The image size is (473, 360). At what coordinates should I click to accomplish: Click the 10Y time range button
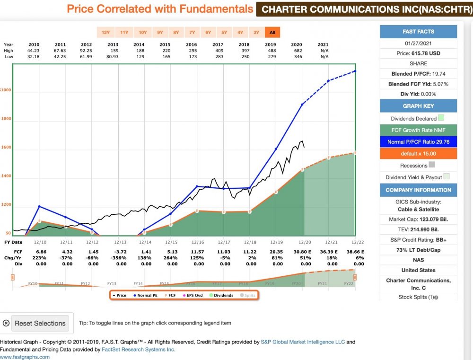(142, 33)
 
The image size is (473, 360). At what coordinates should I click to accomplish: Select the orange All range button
(272, 33)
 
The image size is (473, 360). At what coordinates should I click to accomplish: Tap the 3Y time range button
(256, 33)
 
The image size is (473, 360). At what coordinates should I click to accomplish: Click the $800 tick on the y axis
(6, 119)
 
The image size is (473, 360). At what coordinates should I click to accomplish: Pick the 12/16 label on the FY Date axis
(197, 242)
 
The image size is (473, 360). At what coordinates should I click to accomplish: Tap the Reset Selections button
(40, 324)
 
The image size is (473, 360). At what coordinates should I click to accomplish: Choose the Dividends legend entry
(222, 295)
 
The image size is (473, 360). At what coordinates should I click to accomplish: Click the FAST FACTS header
(418, 32)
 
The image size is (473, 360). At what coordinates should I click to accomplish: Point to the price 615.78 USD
(418, 53)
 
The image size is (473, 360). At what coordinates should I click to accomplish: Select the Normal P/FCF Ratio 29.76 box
(418, 141)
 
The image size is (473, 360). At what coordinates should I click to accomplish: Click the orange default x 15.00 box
(418, 154)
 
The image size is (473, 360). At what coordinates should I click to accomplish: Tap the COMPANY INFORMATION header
(418, 190)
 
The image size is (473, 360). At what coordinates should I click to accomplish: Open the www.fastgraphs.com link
(25, 357)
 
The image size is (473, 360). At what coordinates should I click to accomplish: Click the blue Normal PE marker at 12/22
(355, 71)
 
